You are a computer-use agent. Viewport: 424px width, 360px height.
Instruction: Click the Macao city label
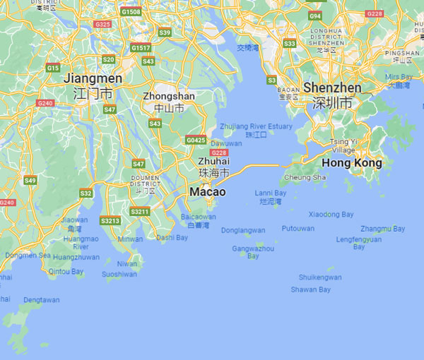coord(207,192)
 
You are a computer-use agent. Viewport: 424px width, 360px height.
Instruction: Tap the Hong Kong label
coord(351,163)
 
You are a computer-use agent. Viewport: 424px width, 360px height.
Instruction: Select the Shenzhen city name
coord(331,88)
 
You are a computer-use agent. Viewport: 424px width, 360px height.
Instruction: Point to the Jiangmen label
coord(93,78)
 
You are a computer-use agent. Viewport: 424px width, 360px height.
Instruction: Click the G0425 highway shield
coord(196,140)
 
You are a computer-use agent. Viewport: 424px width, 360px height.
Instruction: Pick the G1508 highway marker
coord(131,12)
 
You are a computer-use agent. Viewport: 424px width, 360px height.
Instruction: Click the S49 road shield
coord(30,181)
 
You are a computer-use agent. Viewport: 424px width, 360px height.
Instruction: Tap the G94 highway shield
coord(315,16)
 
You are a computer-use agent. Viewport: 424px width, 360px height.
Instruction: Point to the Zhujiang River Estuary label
coord(256,126)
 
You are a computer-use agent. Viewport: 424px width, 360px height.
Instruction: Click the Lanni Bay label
coord(271,193)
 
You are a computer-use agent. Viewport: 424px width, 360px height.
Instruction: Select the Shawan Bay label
coord(311,289)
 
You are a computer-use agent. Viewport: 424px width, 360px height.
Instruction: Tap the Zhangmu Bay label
coord(382,229)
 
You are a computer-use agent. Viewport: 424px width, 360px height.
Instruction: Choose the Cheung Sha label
coord(305,177)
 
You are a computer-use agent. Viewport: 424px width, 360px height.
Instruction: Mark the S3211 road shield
coord(140,211)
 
